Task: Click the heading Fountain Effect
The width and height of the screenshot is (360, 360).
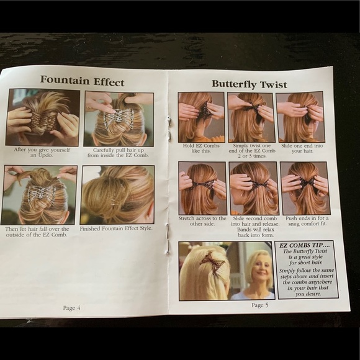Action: click(x=82, y=81)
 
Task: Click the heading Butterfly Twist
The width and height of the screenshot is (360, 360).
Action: click(x=250, y=84)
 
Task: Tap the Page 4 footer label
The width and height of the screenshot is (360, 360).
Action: click(x=71, y=308)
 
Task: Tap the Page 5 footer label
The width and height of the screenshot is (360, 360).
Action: click(x=260, y=305)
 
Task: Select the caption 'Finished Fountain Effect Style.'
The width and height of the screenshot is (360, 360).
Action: click(x=116, y=228)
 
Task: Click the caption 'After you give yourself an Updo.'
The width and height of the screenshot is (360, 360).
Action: click(x=42, y=153)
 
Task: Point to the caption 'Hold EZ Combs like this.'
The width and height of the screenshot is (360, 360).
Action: click(x=201, y=148)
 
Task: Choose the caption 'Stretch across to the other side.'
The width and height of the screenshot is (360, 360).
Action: click(x=202, y=221)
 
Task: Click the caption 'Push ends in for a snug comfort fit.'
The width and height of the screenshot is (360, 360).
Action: click(x=307, y=221)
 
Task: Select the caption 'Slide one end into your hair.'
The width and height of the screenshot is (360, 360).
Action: click(x=302, y=148)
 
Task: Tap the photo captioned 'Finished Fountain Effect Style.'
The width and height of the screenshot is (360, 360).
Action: click(x=117, y=195)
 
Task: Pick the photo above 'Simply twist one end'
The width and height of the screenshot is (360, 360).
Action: click(x=251, y=117)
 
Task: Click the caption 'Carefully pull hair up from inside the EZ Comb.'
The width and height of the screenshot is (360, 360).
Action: click(x=118, y=153)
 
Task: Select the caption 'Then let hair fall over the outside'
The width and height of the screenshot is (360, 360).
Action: click(x=37, y=232)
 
